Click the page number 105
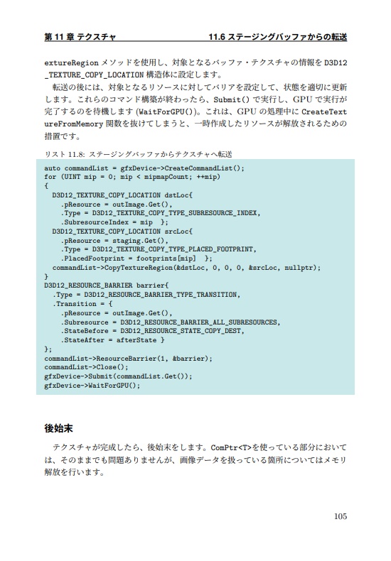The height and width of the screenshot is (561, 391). [339, 516]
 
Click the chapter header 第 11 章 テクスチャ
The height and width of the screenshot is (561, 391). [80, 36]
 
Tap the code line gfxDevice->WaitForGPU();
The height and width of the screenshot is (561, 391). [92, 386]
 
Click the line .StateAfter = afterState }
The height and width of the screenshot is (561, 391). [114, 340]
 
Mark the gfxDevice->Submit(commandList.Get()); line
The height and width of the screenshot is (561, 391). [118, 376]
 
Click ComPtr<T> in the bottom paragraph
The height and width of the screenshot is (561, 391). [231, 448]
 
